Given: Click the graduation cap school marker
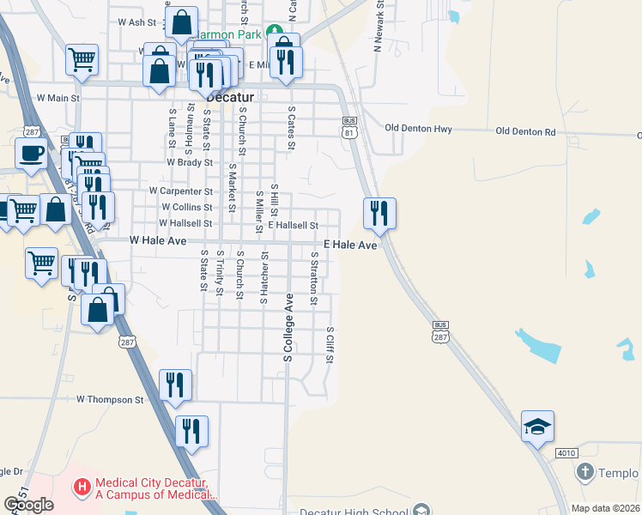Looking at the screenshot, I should [x=537, y=426].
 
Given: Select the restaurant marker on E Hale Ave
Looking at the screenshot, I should [x=379, y=211].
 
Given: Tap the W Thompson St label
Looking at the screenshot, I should [x=110, y=400].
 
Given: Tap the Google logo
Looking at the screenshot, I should [x=29, y=505].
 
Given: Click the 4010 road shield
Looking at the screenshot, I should [x=566, y=453].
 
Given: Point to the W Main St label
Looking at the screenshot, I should [x=58, y=99].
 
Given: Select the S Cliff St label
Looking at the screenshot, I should [x=330, y=343].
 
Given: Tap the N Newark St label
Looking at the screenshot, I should [x=378, y=27].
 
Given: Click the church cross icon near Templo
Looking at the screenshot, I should [x=584, y=472].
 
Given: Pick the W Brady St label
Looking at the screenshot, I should [x=190, y=161].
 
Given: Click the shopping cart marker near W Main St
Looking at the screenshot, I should [x=82, y=60].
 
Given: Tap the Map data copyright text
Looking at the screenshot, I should [x=604, y=508].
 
